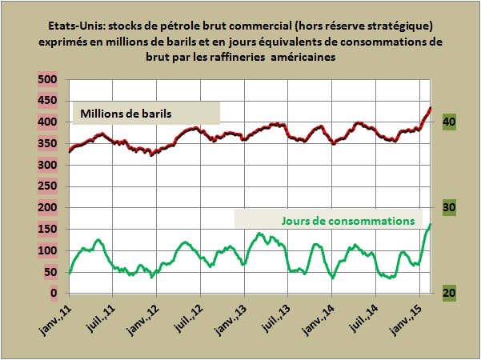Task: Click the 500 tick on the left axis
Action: tap(46, 80)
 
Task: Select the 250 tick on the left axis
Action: tap(46, 186)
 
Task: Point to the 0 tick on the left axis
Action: tap(54, 294)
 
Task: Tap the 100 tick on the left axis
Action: tap(46, 250)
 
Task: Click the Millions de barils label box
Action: tap(146, 113)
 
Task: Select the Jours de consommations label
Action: tap(352, 218)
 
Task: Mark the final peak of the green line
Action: tap(431, 225)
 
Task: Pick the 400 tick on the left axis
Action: tap(46, 122)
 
